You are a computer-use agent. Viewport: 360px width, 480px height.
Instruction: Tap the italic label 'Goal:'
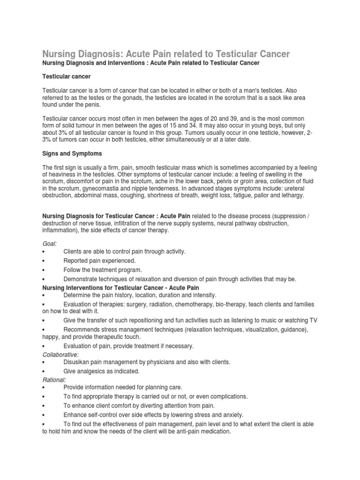pos(50,243)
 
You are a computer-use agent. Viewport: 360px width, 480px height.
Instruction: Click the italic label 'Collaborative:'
pos(60,354)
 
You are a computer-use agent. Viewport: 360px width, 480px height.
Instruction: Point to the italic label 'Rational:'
pos(54,379)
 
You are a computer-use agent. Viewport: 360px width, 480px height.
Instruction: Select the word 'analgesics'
pos(92,371)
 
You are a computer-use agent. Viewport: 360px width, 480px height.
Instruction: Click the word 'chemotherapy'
pos(195,304)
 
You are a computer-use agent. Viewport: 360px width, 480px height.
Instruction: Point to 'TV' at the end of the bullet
pos(313,320)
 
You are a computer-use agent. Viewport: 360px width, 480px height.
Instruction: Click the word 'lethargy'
pos(291,195)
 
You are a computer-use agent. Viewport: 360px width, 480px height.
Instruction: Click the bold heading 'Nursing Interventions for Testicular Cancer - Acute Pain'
pos(120,287)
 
